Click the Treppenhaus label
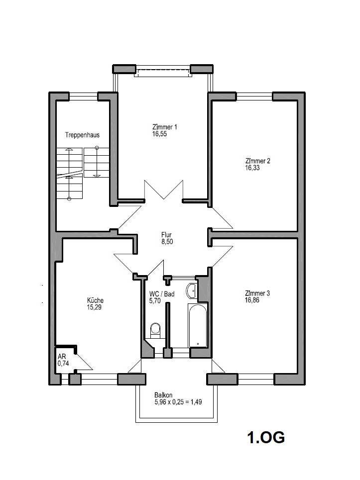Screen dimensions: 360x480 coord(82,135)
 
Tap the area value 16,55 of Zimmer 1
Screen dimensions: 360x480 coord(160,134)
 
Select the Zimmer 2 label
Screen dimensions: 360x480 coord(257,161)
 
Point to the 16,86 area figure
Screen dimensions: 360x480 coord(252,300)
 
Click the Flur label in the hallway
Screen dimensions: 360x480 coord(167,235)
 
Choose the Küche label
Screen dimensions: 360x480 coord(95,300)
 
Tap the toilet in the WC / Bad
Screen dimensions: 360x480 coord(156,330)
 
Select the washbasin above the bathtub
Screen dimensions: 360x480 coord(191,290)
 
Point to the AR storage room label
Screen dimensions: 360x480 coord(62,357)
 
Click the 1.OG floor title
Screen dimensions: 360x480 coord(266,437)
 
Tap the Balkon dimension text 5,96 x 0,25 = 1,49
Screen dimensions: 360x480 coord(178,402)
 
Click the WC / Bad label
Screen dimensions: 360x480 coord(162,294)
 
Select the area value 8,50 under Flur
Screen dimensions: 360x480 coord(167,242)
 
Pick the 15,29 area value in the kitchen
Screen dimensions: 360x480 coord(94,307)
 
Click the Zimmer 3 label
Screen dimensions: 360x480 coord(257,293)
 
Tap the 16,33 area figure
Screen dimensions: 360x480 coord(252,168)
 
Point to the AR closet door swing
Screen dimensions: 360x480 coord(84,361)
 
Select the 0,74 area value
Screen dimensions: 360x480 coord(63,364)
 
